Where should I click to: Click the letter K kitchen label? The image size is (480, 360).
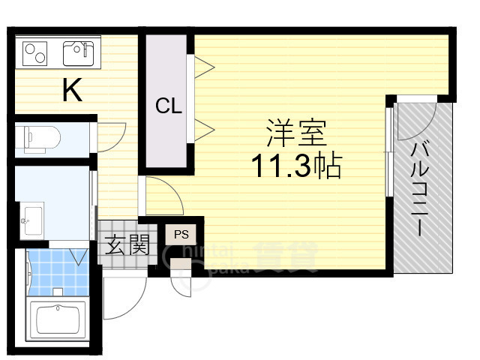click(x=72, y=91)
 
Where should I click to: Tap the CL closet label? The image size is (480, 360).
click(x=169, y=106)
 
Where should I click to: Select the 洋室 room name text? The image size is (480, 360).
click(x=295, y=134)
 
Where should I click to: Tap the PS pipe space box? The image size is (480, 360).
click(x=181, y=233)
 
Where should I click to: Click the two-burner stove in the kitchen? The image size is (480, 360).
click(x=35, y=52)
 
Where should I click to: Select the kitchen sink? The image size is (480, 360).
click(x=76, y=52)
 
